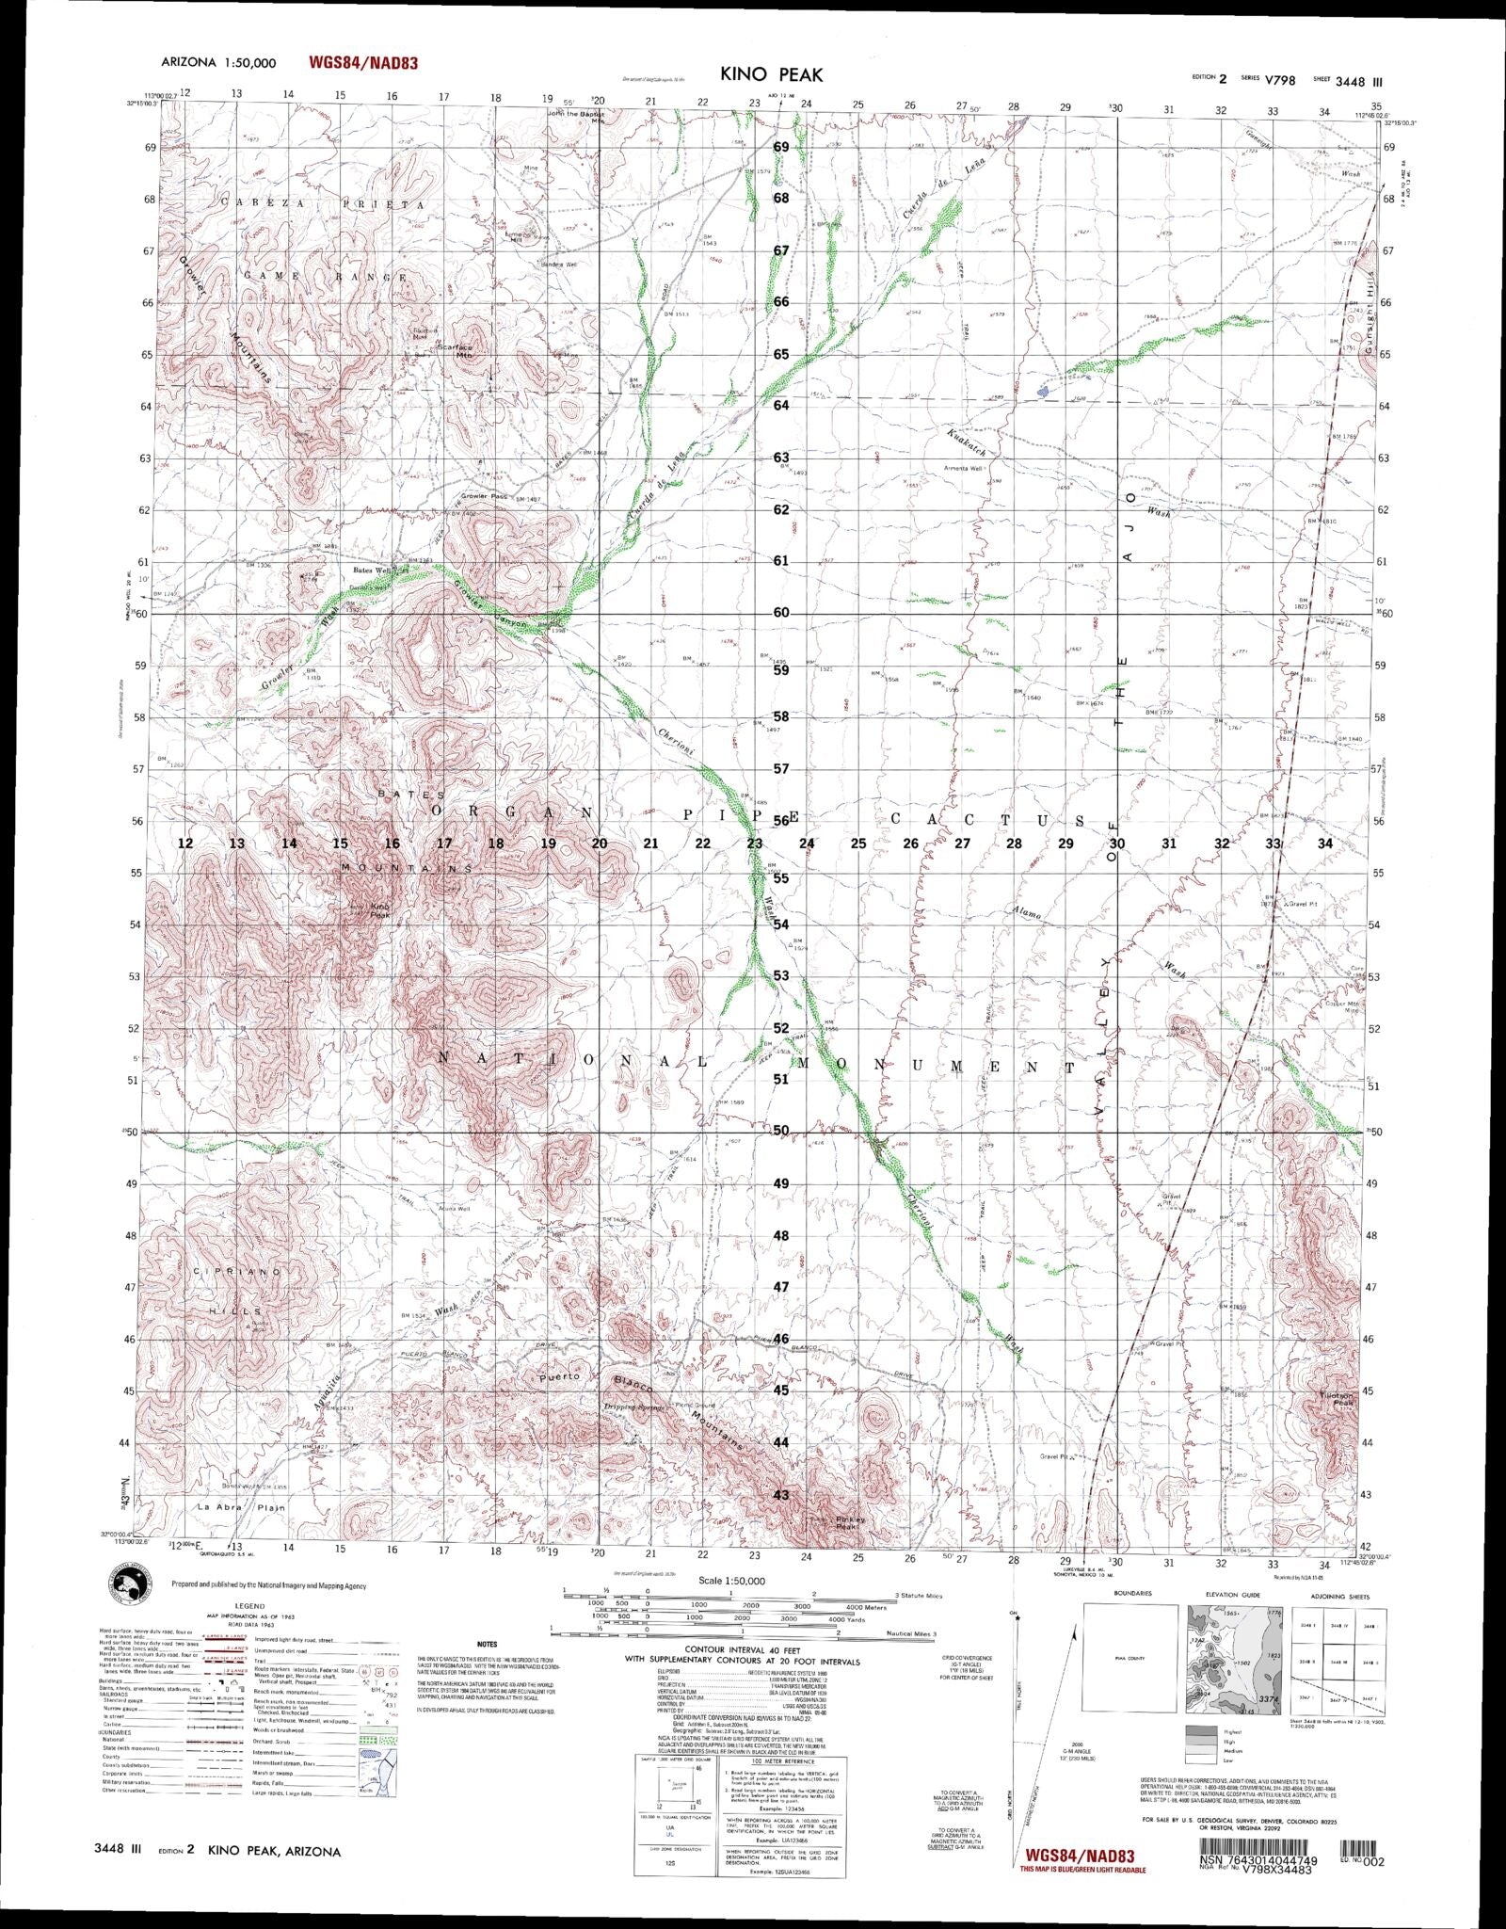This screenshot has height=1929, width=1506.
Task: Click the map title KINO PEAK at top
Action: coord(772,74)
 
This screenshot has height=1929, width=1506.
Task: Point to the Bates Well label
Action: coord(370,570)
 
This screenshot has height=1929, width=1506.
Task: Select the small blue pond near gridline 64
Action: coord(1042,388)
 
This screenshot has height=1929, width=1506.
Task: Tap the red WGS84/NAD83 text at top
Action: coord(362,63)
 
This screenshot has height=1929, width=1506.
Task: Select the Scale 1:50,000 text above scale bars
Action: coord(731,1581)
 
